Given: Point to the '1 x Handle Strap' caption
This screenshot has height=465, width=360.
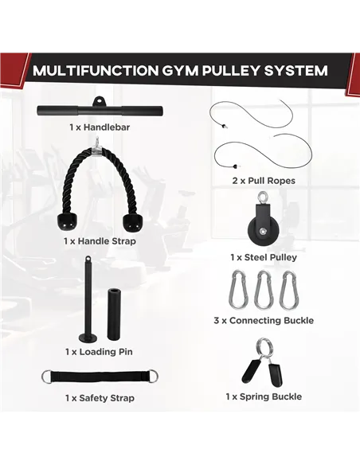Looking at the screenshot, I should pyautogui.click(x=100, y=240).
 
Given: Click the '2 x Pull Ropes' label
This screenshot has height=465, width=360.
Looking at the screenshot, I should pyautogui.click(x=264, y=181).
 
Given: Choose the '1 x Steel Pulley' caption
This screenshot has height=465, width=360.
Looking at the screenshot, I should pyautogui.click(x=264, y=257).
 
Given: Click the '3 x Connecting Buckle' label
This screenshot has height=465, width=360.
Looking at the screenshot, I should pyautogui.click(x=264, y=321).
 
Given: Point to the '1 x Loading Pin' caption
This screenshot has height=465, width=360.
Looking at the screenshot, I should pyautogui.click(x=100, y=351).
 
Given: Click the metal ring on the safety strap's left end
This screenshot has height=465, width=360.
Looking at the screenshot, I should pyautogui.click(x=47, y=377).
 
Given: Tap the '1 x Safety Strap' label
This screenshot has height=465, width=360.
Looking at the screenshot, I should pyautogui.click(x=100, y=397).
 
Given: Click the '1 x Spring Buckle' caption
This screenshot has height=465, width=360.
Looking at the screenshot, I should pyautogui.click(x=264, y=396).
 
